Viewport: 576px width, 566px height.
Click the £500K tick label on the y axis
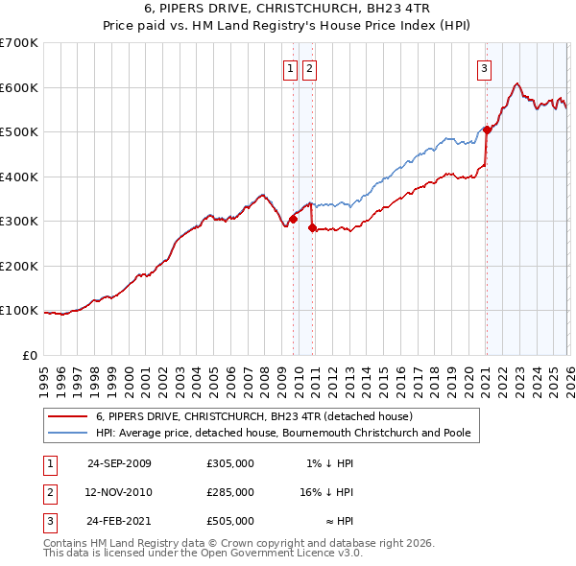pyautogui.click(x=19, y=132)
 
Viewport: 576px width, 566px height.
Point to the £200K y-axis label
pyautogui.click(x=19, y=266)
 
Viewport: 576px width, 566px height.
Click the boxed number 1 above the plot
pyautogui.click(x=291, y=68)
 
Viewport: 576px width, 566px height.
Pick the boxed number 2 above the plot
pyautogui.click(x=310, y=68)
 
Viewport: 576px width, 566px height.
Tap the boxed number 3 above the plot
pyautogui.click(x=485, y=68)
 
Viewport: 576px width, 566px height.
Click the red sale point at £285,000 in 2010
pyautogui.click(x=312, y=228)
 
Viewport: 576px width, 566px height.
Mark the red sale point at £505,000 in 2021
pyautogui.click(x=487, y=130)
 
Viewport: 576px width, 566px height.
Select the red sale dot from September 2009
pyautogui.click(x=293, y=219)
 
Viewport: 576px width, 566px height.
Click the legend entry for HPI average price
pyautogui.click(x=283, y=433)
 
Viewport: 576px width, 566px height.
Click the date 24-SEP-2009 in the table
pyautogui.click(x=119, y=463)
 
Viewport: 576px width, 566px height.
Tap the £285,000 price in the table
pyautogui.click(x=230, y=492)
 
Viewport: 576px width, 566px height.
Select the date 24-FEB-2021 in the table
pyautogui.click(x=119, y=521)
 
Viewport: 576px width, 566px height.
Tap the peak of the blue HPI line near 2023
pyautogui.click(x=517, y=83)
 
